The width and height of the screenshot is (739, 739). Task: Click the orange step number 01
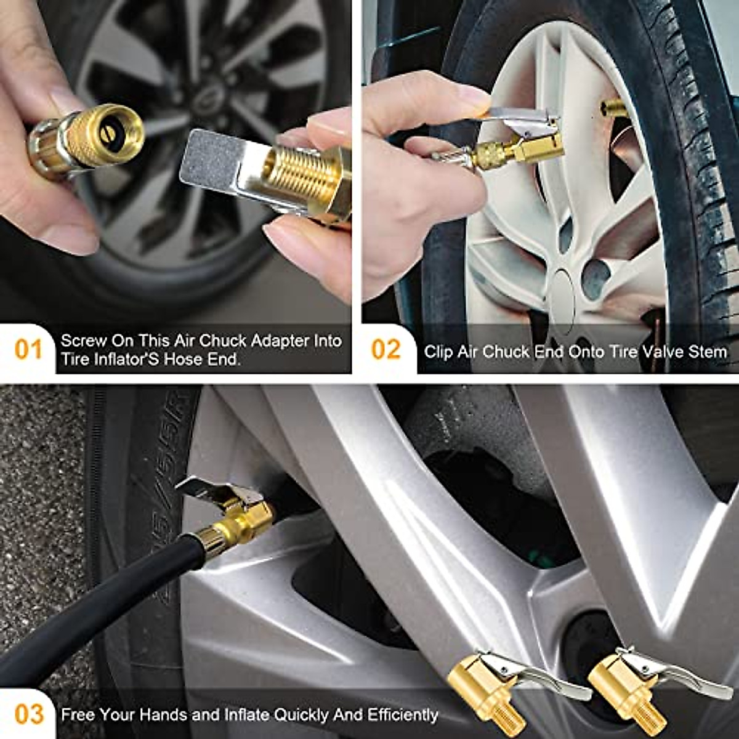click(x=28, y=350)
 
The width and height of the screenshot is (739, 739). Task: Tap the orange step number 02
click(x=386, y=350)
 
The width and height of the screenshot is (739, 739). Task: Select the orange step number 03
click(x=28, y=714)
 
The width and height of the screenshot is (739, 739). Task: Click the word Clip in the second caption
click(x=438, y=352)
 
